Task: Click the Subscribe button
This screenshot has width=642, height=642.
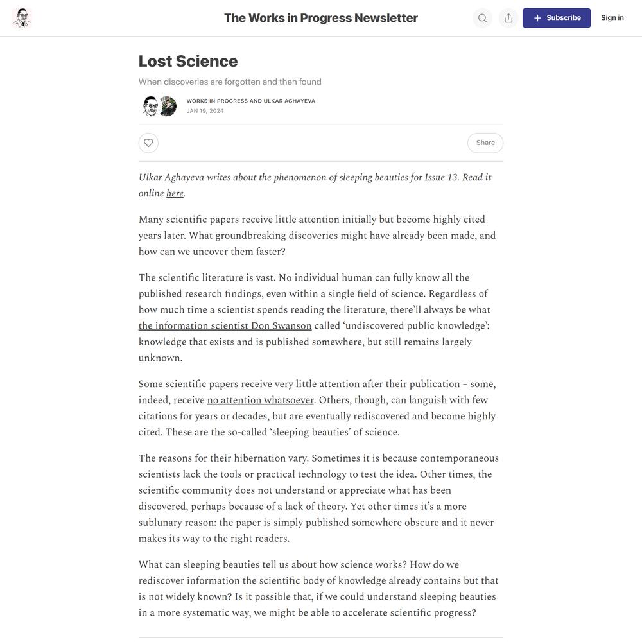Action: click(556, 18)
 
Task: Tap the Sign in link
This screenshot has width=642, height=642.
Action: click(612, 18)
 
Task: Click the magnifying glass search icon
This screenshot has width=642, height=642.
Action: click(482, 18)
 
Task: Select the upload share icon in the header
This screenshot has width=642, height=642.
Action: click(508, 18)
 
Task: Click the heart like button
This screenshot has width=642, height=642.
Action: click(148, 143)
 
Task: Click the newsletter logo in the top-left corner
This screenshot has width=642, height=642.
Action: click(22, 18)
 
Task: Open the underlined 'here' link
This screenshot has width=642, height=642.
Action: click(175, 193)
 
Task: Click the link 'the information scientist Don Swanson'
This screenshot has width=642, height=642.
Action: click(225, 325)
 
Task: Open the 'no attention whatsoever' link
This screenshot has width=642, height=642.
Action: click(260, 400)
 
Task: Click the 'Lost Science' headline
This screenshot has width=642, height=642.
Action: click(188, 61)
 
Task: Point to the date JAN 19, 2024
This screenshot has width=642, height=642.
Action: click(205, 111)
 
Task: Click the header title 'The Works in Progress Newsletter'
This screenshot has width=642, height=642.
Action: click(320, 18)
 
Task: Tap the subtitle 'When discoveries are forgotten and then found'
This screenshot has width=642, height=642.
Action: click(230, 82)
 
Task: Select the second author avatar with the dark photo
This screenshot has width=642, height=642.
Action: click(168, 106)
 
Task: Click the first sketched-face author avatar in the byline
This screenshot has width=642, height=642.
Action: click(150, 106)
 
